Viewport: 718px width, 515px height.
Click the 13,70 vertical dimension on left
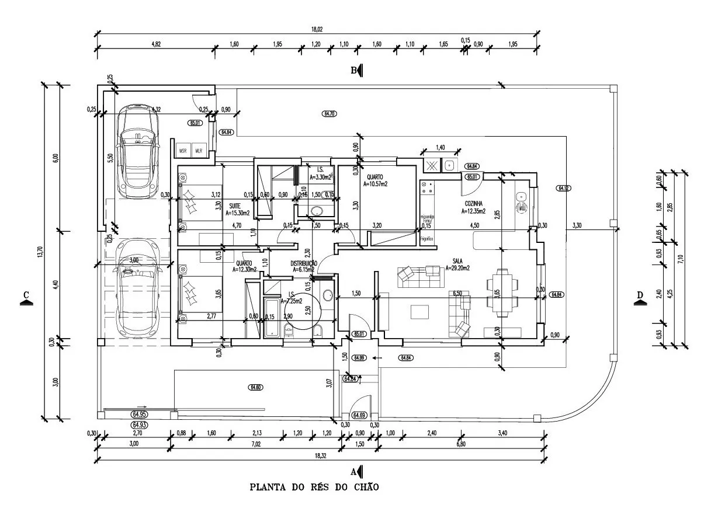(x=40, y=253)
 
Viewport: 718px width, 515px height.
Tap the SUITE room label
(x=235, y=206)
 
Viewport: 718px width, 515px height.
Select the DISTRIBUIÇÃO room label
(x=304, y=264)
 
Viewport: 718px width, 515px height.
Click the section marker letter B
(x=354, y=71)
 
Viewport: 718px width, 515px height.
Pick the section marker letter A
(x=353, y=471)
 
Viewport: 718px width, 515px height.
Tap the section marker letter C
(x=25, y=295)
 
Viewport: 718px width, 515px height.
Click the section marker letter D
(x=639, y=295)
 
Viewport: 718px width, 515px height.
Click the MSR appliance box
(x=183, y=149)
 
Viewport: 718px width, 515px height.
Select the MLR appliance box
(x=199, y=149)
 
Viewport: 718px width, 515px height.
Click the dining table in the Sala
(x=503, y=292)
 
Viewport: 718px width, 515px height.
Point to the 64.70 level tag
(x=329, y=113)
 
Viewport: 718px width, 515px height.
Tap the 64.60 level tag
(x=255, y=387)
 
